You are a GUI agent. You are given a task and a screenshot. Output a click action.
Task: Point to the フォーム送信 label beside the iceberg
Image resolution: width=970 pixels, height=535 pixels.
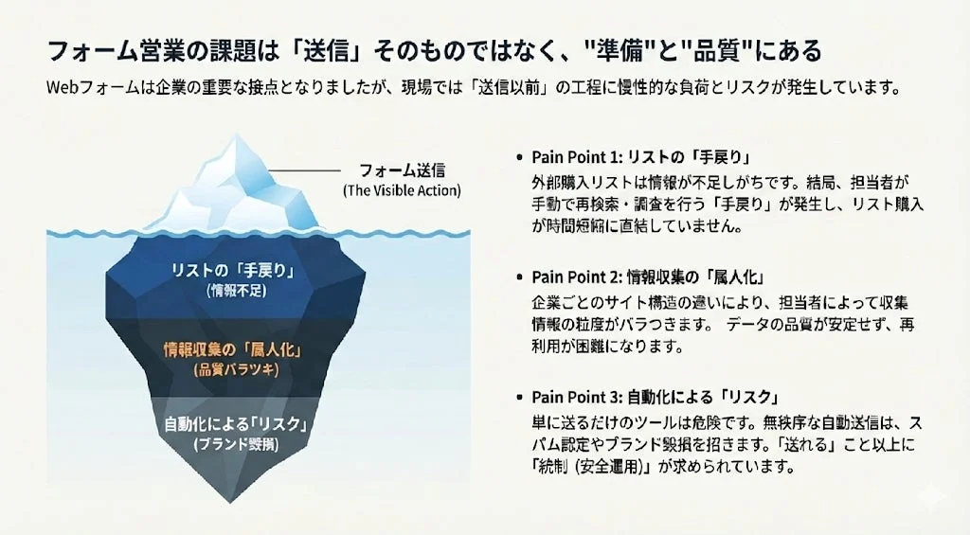pyautogui.click(x=402, y=171)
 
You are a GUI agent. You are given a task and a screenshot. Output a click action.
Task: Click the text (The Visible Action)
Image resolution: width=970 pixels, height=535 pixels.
pyautogui.click(x=402, y=190)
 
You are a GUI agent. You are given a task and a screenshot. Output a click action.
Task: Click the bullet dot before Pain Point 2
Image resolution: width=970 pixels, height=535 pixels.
pyautogui.click(x=519, y=277)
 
